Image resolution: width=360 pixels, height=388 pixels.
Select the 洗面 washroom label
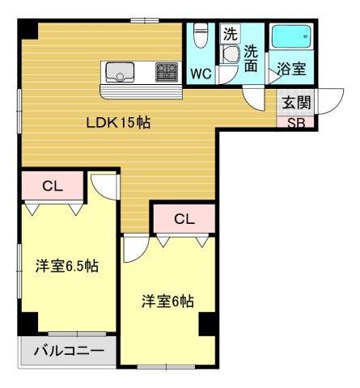(x=252, y=59)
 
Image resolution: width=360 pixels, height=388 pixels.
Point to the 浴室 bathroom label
(x=291, y=70)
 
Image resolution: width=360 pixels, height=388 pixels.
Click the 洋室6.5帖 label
(x=66, y=265)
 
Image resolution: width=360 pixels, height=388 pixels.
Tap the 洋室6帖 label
(x=167, y=301)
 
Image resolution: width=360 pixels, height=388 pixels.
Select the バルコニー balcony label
(x=69, y=352)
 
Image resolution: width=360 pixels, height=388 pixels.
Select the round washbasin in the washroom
(x=233, y=55)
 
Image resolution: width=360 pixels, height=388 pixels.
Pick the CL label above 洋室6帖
(x=184, y=218)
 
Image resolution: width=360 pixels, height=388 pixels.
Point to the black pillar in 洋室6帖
(x=208, y=323)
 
